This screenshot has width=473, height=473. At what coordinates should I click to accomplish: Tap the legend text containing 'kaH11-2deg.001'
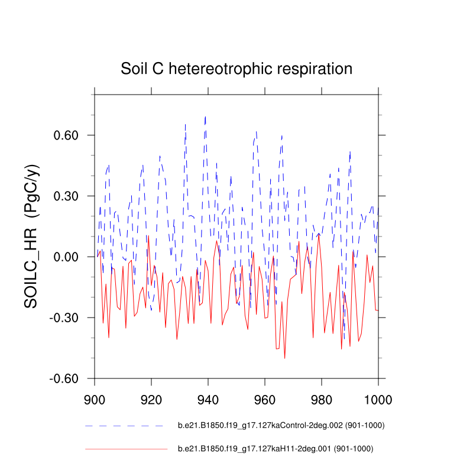click(276, 449)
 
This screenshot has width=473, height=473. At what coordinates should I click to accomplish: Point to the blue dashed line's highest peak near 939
click(205, 116)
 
